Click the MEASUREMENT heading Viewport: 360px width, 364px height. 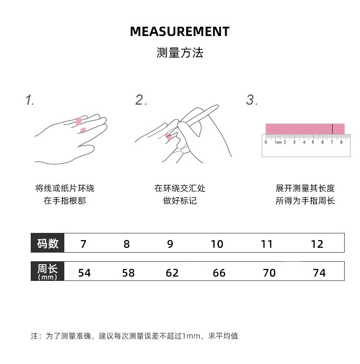tap(180, 32)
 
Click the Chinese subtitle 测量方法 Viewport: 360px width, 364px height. tap(180, 53)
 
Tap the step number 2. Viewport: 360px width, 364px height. tap(140, 100)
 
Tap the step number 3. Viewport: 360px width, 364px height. tap(252, 100)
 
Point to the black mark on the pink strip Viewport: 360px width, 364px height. tap(332, 129)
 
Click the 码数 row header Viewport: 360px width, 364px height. tap(48, 243)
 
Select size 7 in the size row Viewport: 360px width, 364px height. tap(84, 244)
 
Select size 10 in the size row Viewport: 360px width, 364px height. tap(217, 244)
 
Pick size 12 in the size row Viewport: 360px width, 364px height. tap(317, 244)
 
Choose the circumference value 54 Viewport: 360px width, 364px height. tap(84, 273)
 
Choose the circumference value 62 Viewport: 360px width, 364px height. tap(172, 273)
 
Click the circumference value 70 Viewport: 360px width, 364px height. tap(269, 273)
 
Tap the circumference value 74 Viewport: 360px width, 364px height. tap(319, 273)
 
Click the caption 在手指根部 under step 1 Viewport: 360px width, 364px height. tap(65, 201)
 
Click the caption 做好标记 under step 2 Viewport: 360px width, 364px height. tap(180, 201)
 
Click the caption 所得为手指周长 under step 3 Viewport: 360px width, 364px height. tap(305, 201)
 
